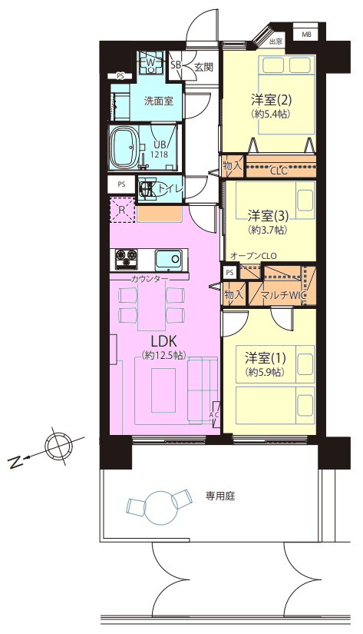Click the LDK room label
(164, 342)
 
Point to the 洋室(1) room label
(266, 357)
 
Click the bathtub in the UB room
(125, 148)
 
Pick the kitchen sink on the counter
(169, 260)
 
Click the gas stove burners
(127, 259)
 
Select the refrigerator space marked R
(123, 210)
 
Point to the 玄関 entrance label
(203, 67)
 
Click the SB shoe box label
(176, 65)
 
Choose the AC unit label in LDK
(215, 415)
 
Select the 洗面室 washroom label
(159, 101)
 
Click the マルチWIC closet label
(282, 295)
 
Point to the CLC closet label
(279, 171)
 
